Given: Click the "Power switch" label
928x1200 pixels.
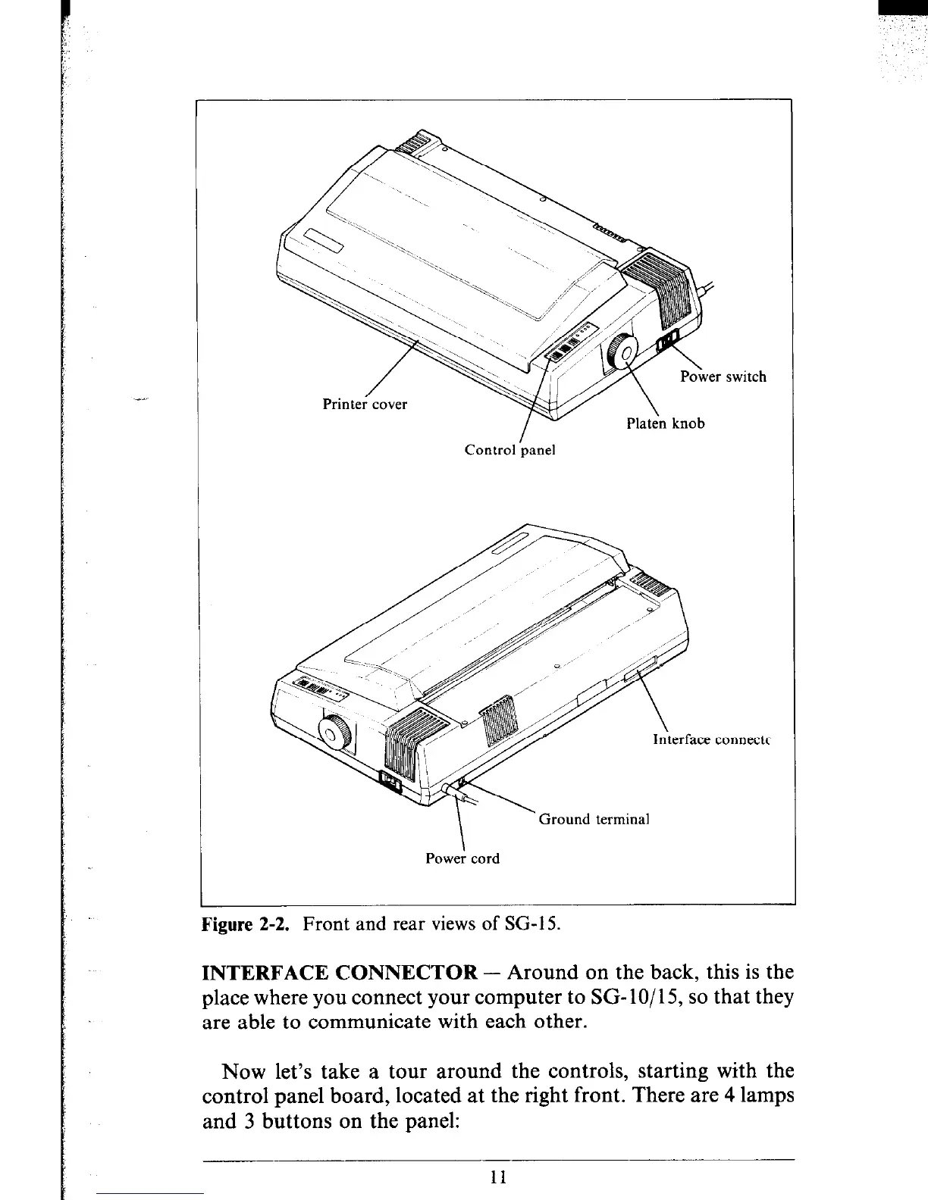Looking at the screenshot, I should tap(723, 377).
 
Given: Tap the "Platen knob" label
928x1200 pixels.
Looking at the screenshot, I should tap(665, 423).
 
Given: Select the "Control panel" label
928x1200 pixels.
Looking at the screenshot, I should tap(509, 450).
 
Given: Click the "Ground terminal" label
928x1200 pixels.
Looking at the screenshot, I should tap(594, 819).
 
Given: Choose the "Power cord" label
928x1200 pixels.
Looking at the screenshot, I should tap(462, 858).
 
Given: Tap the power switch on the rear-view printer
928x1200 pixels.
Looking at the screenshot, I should tap(390, 782).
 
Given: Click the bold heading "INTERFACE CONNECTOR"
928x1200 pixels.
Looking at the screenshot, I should tap(339, 973).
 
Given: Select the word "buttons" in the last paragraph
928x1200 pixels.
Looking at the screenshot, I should tap(304, 1120).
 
